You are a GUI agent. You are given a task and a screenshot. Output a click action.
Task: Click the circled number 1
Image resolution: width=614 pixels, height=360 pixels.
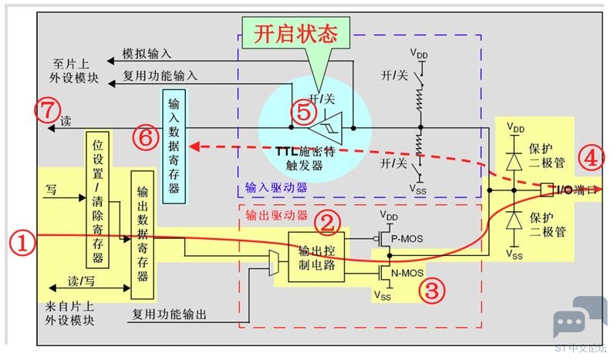pyautogui.click(x=23, y=245)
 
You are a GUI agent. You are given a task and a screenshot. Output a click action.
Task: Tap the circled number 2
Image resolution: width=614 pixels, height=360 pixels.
pyautogui.click(x=329, y=223)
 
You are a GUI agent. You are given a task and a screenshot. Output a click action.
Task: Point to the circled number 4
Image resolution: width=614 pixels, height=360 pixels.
pyautogui.click(x=590, y=160)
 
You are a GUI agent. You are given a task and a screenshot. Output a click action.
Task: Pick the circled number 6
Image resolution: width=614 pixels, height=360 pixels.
pyautogui.click(x=144, y=136)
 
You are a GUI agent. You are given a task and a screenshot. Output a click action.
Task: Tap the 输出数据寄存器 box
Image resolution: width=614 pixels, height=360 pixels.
pyautogui.click(x=141, y=234)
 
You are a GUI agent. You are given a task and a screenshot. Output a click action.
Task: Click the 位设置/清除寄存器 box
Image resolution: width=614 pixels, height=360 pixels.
pyautogui.click(x=97, y=198)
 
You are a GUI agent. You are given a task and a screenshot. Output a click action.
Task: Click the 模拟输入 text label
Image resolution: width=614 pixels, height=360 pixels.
pyautogui.click(x=147, y=54)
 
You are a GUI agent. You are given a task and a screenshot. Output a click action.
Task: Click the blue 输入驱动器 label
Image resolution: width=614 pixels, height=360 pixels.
pyautogui.click(x=275, y=187)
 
